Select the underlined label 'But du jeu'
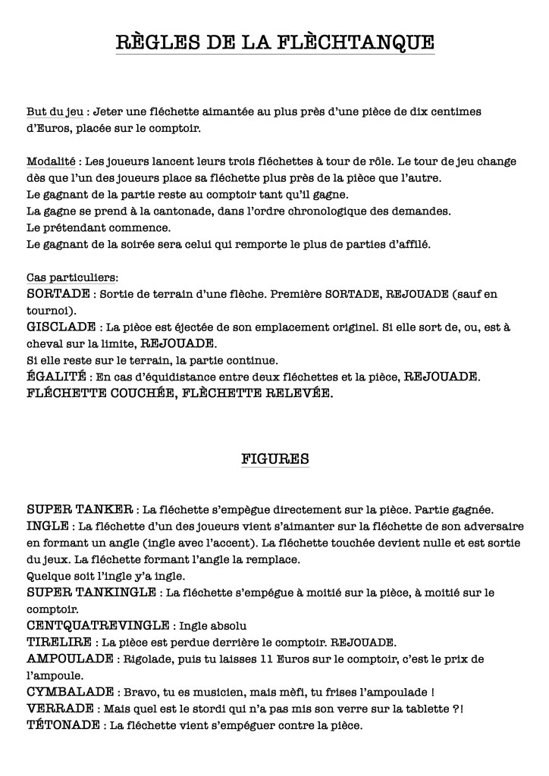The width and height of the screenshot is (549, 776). pos(55,111)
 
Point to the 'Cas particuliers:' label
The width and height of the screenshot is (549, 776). pos(72,277)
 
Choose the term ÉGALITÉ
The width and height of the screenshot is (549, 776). pos(56,377)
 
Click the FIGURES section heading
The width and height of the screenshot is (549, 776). pos(274,458)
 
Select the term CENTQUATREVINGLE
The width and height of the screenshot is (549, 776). pos(98,625)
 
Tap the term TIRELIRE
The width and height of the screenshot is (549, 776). pos(59,642)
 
